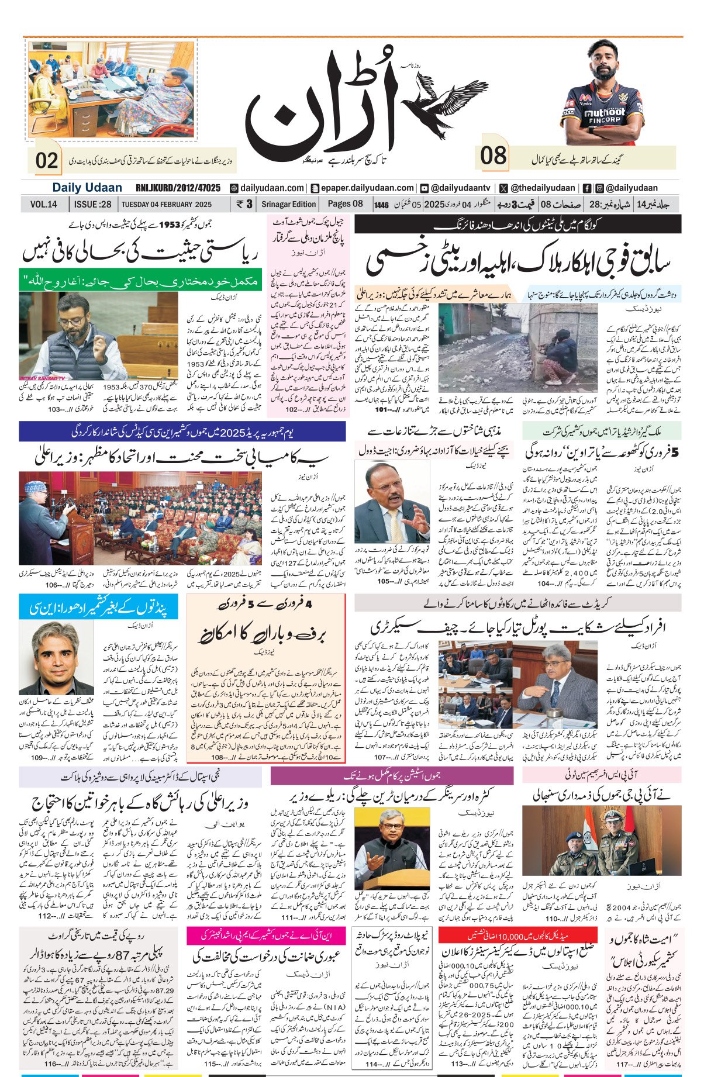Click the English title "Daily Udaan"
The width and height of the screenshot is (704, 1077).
(x=87, y=188)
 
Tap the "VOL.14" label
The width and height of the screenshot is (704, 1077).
(x=44, y=204)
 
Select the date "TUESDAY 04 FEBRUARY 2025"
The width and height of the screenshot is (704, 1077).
(x=166, y=205)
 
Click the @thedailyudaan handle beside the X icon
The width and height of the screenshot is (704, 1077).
(x=542, y=188)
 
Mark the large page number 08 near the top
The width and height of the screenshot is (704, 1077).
(x=494, y=156)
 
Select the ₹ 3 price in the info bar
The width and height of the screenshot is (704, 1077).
(x=244, y=204)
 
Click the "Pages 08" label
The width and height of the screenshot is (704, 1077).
(x=345, y=204)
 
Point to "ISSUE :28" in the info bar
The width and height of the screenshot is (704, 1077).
(x=92, y=204)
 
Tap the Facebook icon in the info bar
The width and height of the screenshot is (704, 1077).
(x=586, y=188)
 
